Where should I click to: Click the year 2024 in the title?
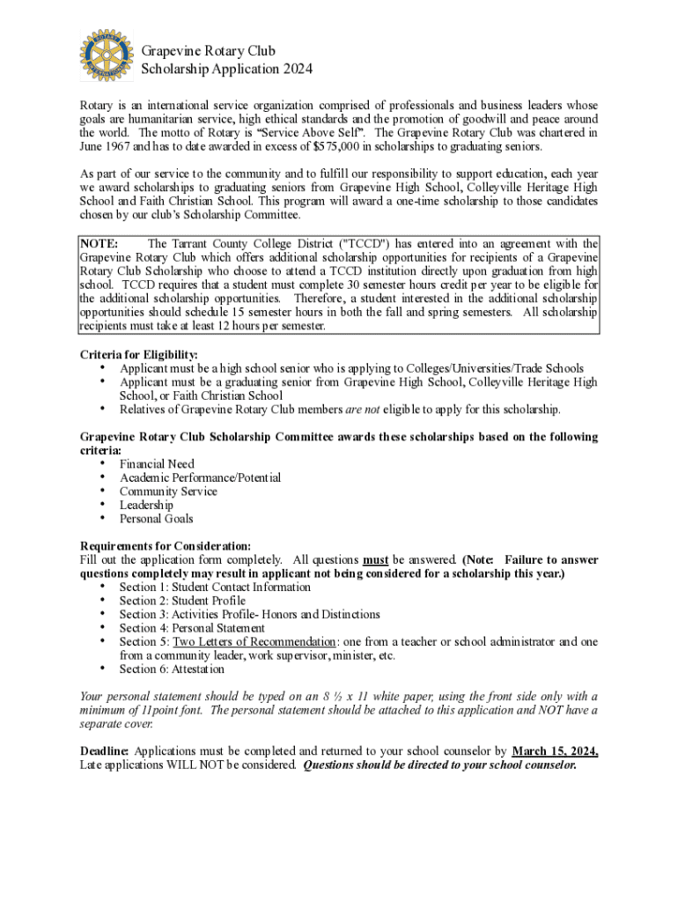(x=295, y=68)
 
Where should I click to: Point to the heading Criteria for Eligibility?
(x=138, y=354)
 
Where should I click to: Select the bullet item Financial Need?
(x=157, y=463)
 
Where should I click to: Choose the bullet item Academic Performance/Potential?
(x=200, y=477)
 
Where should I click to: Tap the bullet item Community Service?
(x=168, y=492)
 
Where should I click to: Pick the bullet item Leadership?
(x=146, y=505)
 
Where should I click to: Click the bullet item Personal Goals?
(x=157, y=519)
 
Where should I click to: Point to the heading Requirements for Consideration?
(x=166, y=545)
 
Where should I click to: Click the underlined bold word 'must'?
(x=376, y=559)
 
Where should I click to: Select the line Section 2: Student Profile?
(x=182, y=601)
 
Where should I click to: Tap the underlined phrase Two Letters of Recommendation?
(x=254, y=641)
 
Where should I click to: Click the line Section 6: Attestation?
(x=172, y=669)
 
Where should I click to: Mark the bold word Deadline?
(x=105, y=751)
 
